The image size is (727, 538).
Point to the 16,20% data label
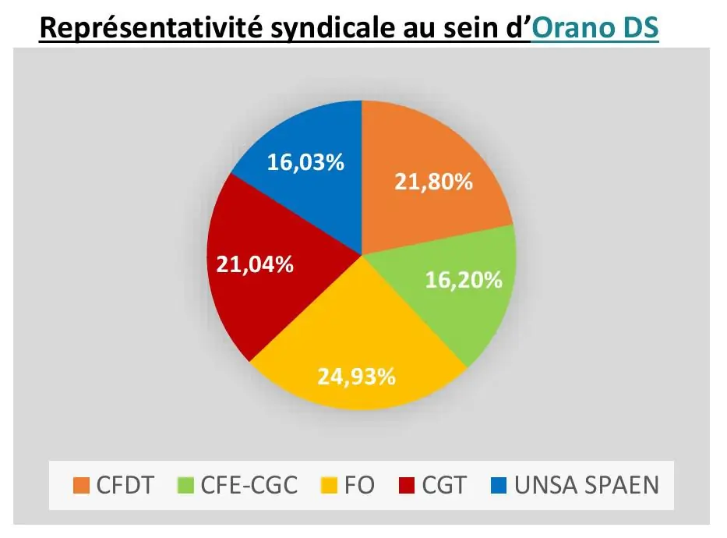pos(464,280)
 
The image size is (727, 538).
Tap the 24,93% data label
pos(356,377)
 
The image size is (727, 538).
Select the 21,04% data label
pos(254,264)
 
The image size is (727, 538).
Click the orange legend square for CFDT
pos(81,486)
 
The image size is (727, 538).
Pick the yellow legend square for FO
pos(330,486)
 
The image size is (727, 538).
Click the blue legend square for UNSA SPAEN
pos(499,486)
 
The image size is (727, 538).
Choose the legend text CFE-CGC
pos(249,486)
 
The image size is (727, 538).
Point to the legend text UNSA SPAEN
pos(587,486)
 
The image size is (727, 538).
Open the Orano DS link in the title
pos(596,28)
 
